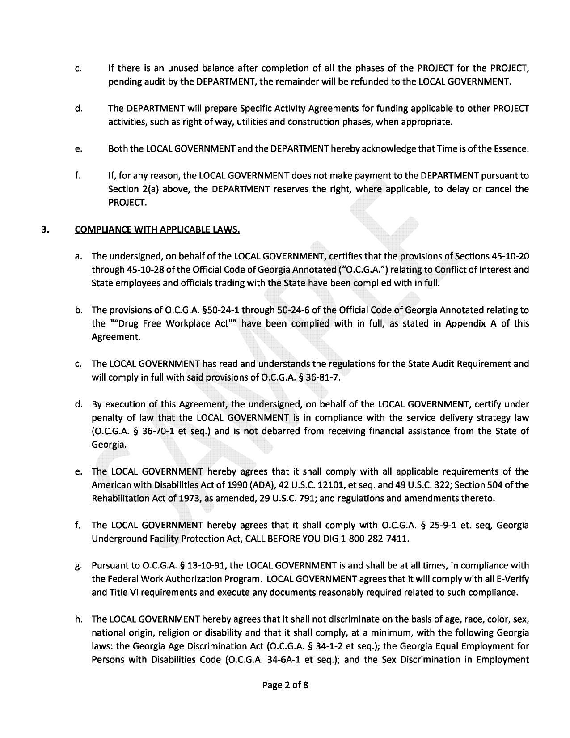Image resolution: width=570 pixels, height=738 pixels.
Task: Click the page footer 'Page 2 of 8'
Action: pos(285,685)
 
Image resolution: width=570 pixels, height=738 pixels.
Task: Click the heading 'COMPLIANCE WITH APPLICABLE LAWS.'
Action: pos(157,229)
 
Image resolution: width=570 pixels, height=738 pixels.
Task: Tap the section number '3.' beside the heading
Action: pos(45,229)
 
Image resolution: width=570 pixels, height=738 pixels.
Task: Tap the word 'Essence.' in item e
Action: pos(512,149)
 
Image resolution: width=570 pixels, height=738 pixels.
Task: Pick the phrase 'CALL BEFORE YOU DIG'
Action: pos(303,539)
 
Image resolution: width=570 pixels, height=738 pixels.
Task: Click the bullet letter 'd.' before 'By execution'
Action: pos(79,404)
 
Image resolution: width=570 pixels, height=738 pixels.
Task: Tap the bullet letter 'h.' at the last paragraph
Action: pos(79,619)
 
